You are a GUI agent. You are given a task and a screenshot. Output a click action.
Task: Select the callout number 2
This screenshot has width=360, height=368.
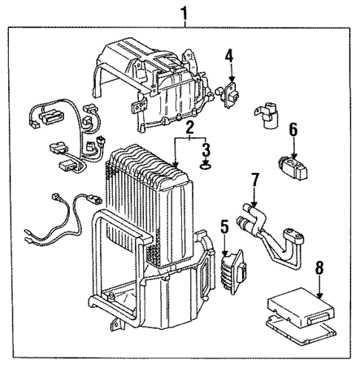[190, 128]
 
